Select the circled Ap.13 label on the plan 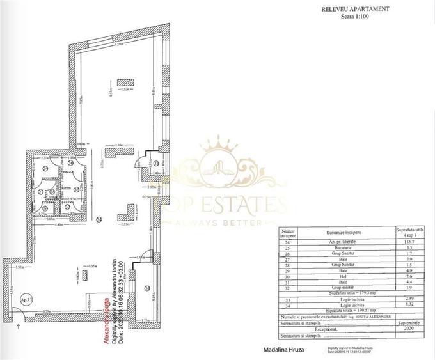click(26, 299)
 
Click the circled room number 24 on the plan click(98, 221)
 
